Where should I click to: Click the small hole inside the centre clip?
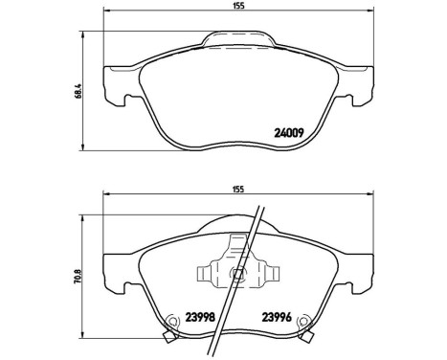point(235,273)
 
